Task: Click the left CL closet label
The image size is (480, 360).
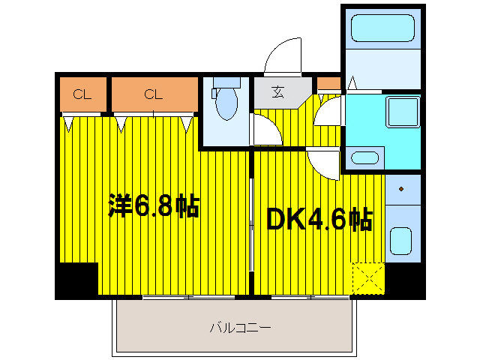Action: (82, 94)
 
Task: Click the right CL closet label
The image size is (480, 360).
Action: (154, 94)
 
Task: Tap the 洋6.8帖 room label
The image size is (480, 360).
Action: (154, 206)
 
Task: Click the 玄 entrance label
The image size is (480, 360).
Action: (278, 93)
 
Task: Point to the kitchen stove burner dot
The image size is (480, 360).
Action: (401, 189)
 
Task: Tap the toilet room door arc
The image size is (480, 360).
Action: (264, 129)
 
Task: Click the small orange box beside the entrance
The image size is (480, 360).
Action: (328, 84)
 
